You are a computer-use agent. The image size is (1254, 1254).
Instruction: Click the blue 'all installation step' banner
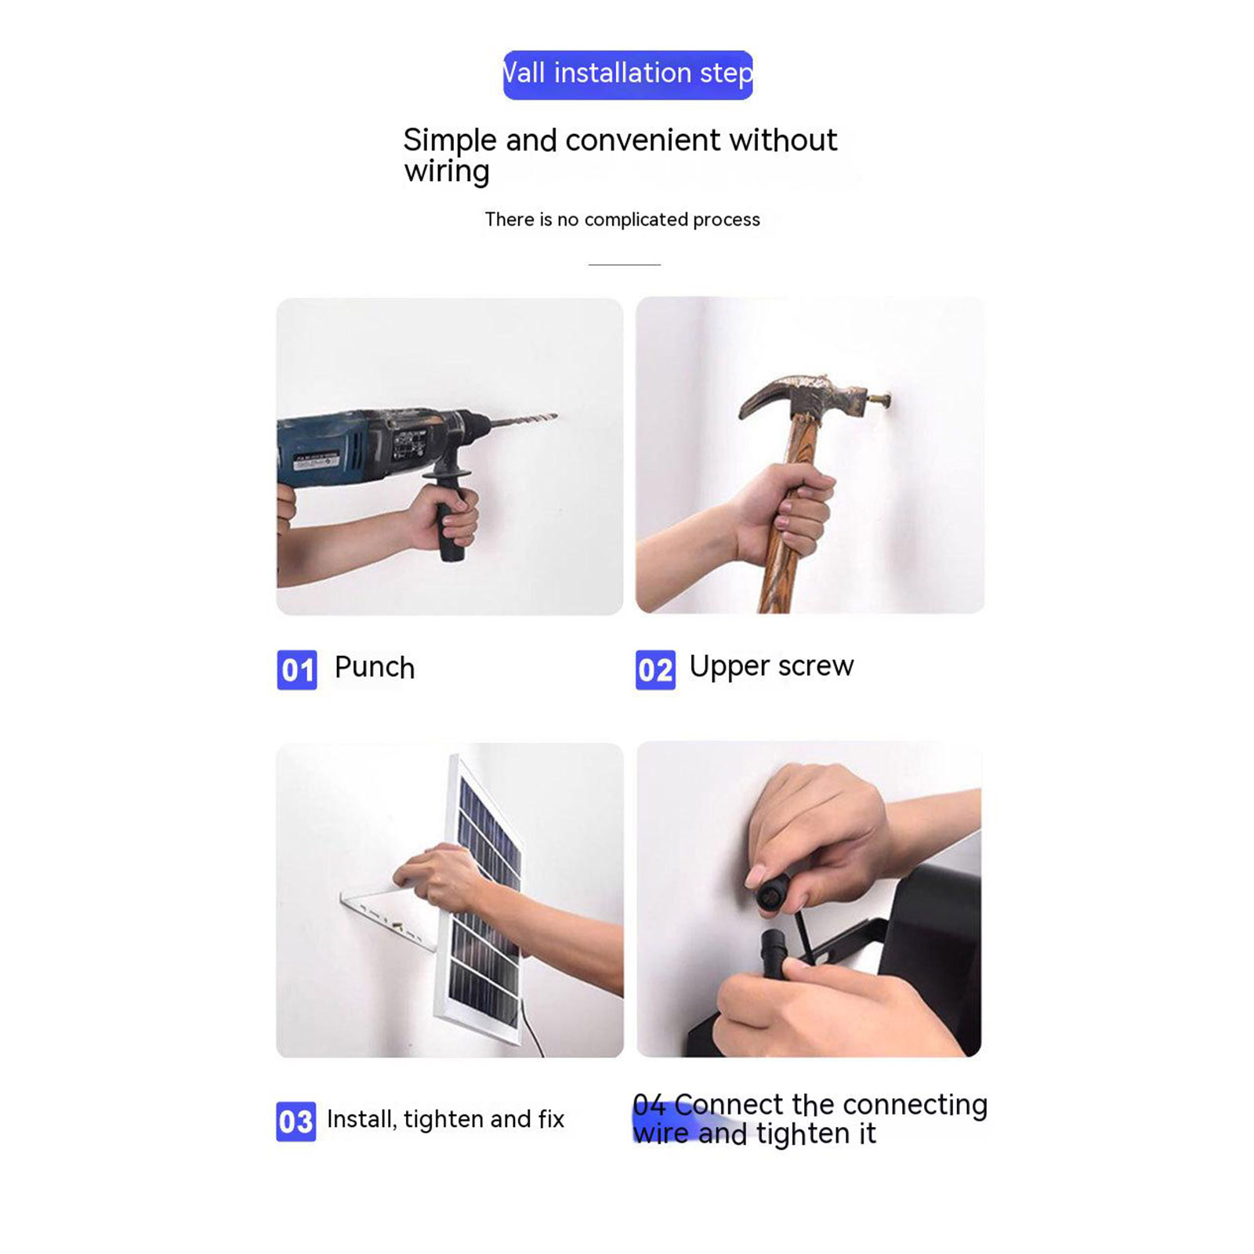[x=628, y=74]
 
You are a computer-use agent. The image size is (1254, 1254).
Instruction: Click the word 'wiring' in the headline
[x=447, y=172]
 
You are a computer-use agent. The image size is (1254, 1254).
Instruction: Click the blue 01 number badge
[x=297, y=670]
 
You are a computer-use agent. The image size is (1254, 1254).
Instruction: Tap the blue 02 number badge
[x=655, y=670]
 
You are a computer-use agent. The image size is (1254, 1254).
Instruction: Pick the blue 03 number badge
[x=296, y=1122]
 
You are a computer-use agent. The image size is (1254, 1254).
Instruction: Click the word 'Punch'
[x=375, y=668]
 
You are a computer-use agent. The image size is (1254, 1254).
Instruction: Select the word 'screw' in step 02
[x=816, y=667]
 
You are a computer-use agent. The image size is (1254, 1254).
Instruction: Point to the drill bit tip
[x=556, y=415]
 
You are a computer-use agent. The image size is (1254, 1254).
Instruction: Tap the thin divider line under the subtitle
[x=625, y=265]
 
